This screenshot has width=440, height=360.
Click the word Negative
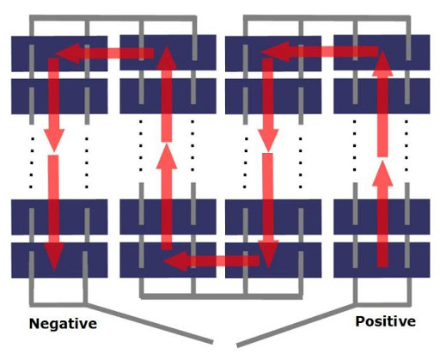click(x=63, y=324)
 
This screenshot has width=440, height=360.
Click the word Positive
click(x=386, y=321)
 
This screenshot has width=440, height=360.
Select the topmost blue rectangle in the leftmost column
click(x=59, y=53)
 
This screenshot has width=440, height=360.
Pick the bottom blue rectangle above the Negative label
click(x=59, y=260)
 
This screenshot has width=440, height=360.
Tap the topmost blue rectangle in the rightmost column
click(x=382, y=52)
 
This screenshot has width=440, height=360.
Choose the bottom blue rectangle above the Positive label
click(x=382, y=259)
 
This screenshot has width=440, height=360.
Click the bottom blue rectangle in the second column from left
click(x=168, y=259)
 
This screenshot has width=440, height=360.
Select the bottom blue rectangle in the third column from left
click(x=273, y=260)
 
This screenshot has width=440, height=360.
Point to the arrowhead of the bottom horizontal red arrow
click(x=175, y=261)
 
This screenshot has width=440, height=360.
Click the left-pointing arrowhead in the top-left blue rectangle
click(x=68, y=53)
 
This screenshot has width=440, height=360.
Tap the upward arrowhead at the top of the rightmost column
click(x=382, y=64)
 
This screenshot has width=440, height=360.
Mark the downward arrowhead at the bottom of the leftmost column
click(x=54, y=257)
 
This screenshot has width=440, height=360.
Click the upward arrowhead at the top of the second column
click(x=167, y=58)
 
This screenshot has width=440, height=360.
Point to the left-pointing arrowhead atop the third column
click(x=276, y=52)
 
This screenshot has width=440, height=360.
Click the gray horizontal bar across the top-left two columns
click(x=113, y=18)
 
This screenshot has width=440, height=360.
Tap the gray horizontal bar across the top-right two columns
click(x=327, y=18)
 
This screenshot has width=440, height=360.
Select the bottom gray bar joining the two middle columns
click(x=221, y=296)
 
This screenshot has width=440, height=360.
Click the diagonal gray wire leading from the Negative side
click(x=149, y=323)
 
